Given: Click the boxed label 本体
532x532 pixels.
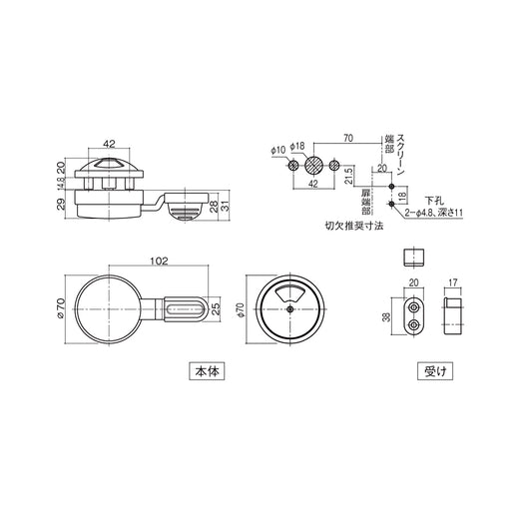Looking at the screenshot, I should tap(208, 370).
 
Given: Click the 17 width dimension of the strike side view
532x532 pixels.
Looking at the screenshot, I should tap(453, 282).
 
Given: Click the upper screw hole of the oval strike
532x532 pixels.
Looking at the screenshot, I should tap(413, 307).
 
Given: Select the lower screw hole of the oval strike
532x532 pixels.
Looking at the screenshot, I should tap(413, 325).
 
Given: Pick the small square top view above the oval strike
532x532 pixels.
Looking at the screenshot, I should tap(413, 257).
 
